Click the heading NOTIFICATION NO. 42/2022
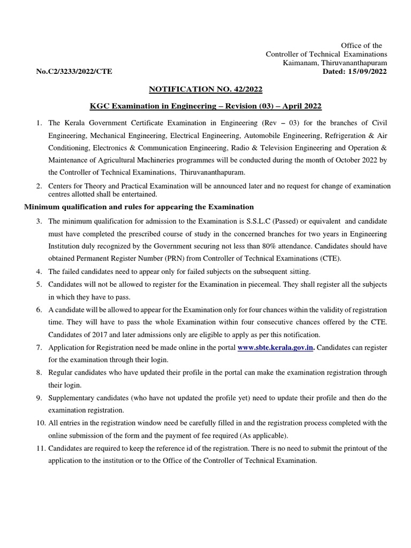tap(205, 88)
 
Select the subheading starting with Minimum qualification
tap(139, 207)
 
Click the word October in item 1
tap(341, 160)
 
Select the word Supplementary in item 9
tap(72, 398)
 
